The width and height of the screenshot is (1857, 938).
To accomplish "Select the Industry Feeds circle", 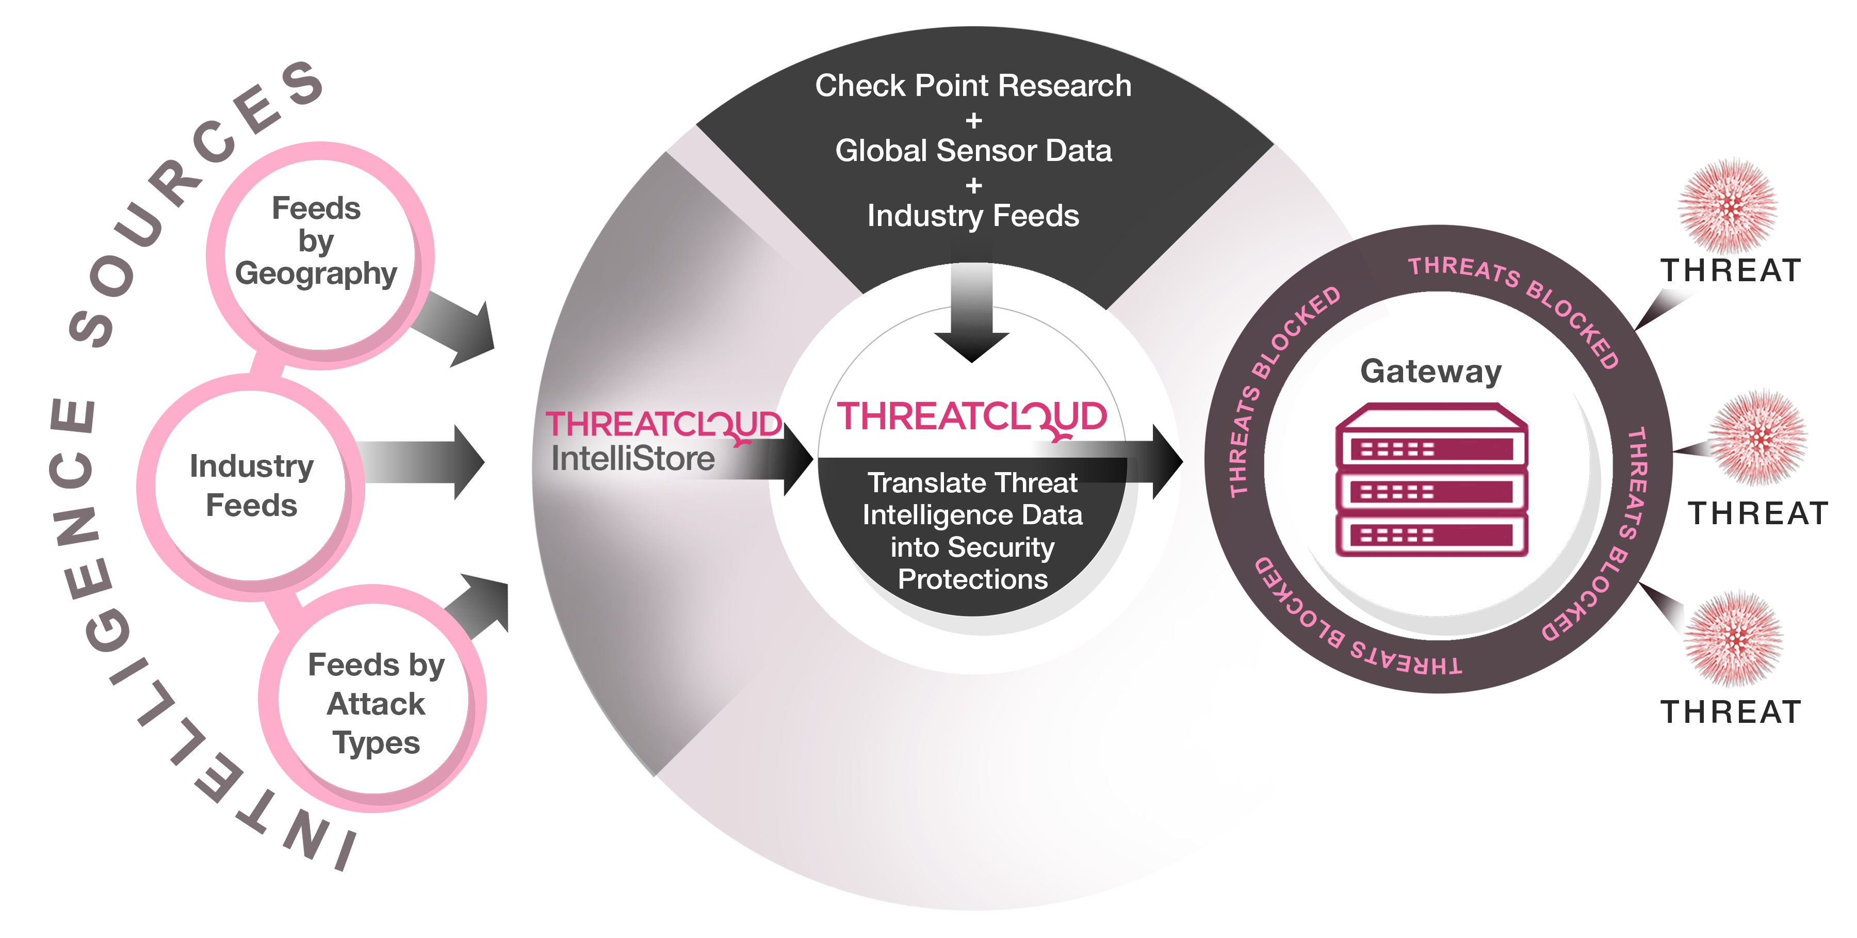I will point(251,487).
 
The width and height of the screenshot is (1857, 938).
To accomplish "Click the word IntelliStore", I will point(633,459).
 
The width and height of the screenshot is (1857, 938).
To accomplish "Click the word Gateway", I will point(1430,371).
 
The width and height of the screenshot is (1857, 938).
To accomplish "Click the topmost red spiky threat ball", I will point(1728,205).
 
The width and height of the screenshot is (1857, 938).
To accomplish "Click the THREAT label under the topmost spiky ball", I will point(1730,271).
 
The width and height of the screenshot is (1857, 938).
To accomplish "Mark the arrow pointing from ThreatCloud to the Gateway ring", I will point(1153,461).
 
